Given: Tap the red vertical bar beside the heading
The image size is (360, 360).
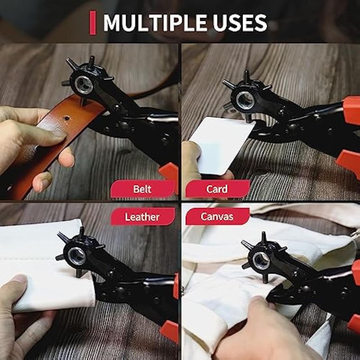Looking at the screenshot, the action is point(93,23).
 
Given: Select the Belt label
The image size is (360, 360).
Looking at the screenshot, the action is point(143,189).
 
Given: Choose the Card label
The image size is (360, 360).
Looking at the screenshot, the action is point(217,189).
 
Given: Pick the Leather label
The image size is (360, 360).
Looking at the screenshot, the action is point(143,217).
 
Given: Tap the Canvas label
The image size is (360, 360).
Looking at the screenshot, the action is point(217,216).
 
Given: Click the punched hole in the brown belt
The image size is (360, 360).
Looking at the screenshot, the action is point(67,118).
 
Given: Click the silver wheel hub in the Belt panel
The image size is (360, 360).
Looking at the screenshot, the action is point(84,85).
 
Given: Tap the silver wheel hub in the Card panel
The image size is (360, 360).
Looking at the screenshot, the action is point(245,100).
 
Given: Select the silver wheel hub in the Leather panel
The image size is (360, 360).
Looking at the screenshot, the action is point(77,256).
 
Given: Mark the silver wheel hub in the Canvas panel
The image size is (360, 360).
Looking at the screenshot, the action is point(261,261).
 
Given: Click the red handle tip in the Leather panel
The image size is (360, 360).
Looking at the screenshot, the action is point(170,331).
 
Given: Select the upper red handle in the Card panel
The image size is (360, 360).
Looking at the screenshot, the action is point(351,111).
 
